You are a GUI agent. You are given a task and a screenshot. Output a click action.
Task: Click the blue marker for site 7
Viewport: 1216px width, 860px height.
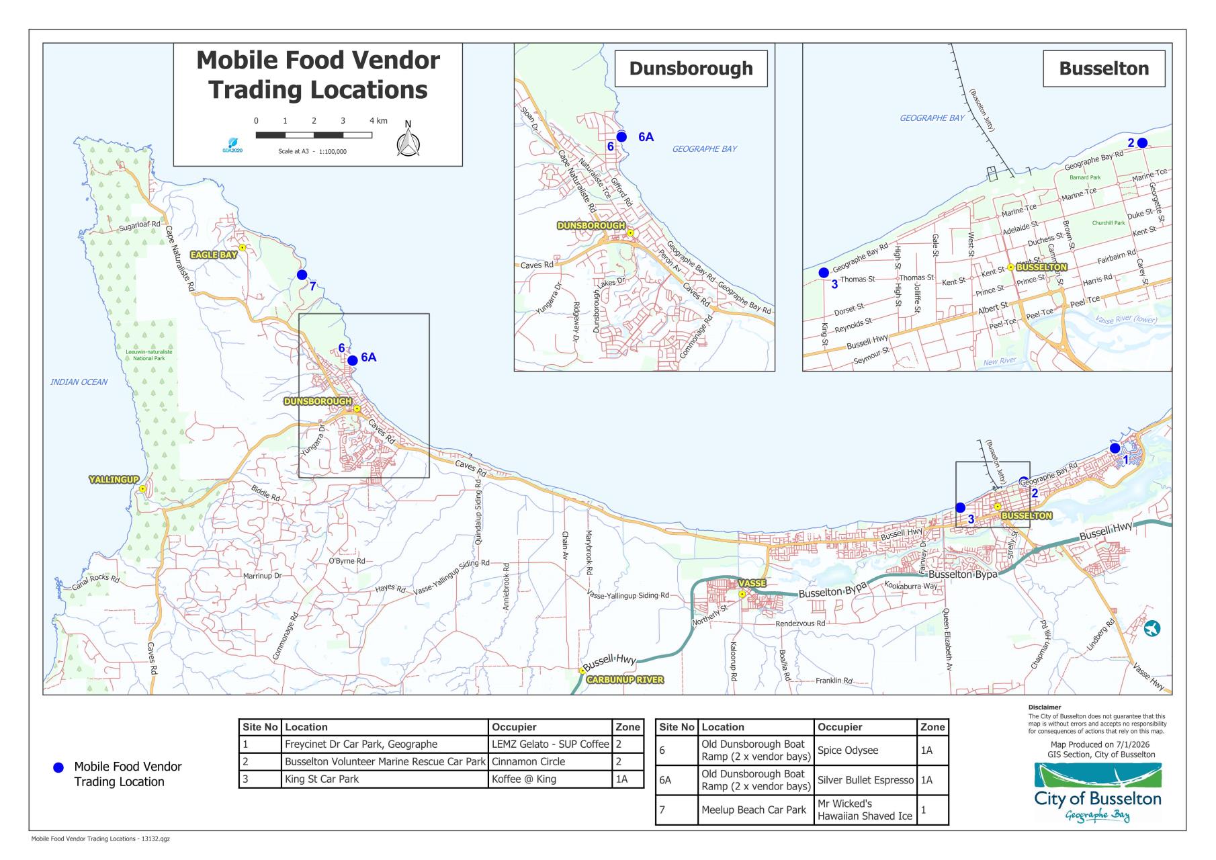pos(302,275)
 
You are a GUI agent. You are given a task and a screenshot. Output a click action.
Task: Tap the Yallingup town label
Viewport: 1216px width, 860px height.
pos(114,480)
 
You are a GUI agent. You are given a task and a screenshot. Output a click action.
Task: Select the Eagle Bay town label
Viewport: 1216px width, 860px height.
pos(214,255)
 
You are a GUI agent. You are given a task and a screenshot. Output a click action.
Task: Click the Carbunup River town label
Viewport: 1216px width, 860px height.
pos(625,680)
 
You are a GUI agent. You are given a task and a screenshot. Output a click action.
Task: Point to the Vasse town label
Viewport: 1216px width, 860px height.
pos(752,583)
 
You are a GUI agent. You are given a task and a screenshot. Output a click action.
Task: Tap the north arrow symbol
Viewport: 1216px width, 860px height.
pos(408,142)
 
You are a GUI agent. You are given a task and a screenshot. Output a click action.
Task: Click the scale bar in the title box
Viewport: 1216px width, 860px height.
pos(314,135)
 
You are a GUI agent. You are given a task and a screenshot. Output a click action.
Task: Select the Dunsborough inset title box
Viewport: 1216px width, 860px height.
pos(691,69)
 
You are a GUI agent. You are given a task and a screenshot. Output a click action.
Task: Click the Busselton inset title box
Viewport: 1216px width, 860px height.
pos(1103,69)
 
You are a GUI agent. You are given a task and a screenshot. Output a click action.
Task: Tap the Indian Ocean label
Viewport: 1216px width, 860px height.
pos(79,382)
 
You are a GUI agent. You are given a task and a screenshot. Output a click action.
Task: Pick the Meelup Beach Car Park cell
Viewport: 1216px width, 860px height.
pos(753,810)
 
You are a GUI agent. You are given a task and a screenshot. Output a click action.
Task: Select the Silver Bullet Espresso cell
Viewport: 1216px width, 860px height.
pos(865,780)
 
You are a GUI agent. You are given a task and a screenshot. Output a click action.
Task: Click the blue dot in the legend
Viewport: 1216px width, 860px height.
pos(58,767)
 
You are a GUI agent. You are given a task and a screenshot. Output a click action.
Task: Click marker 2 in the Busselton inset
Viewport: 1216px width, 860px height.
pos(1142,142)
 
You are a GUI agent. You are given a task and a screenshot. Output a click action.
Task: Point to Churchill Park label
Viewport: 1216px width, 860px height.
pos(1108,223)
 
